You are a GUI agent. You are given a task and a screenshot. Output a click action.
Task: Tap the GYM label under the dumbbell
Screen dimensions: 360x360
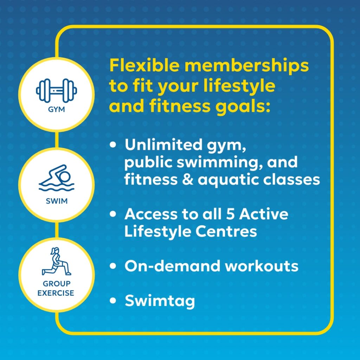[56, 109]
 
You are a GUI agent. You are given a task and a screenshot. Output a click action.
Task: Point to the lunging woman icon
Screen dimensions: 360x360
[56, 262]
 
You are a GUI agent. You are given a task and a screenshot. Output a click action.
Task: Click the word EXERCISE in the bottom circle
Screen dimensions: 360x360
[56, 292]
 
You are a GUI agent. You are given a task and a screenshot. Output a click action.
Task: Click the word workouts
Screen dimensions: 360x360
[262, 266]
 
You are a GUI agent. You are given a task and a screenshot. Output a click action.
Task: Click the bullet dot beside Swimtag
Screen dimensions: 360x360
[113, 301]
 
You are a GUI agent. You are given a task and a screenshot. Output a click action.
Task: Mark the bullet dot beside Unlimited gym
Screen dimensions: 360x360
[113, 144]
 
